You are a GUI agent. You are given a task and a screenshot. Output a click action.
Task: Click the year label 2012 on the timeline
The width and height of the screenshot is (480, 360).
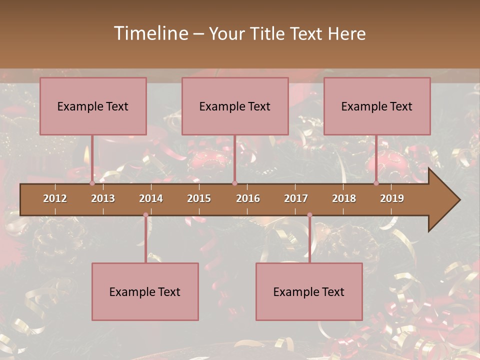pyautogui.click(x=55, y=198)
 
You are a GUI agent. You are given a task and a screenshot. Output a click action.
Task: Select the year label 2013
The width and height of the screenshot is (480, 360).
pyautogui.click(x=103, y=198)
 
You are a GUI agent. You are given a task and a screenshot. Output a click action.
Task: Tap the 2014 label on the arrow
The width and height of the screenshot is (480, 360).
pyautogui.click(x=151, y=198)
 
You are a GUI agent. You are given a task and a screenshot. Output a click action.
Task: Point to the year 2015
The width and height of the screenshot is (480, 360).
pyautogui.click(x=199, y=198)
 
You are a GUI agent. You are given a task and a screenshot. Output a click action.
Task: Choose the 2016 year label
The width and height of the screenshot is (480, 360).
pyautogui.click(x=248, y=198)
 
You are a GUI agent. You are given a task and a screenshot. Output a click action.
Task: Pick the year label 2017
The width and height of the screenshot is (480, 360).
pyautogui.click(x=296, y=198)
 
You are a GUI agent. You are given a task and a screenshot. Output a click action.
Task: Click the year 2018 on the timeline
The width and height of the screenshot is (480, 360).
pyautogui.click(x=344, y=198)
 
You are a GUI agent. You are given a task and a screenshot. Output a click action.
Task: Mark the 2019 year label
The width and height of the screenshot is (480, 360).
pyautogui.click(x=392, y=198)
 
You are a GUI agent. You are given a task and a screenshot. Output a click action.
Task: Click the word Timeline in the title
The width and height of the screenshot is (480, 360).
pyautogui.click(x=150, y=33)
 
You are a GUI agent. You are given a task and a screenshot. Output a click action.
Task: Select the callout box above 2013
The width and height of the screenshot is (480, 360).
pyautogui.click(x=93, y=106)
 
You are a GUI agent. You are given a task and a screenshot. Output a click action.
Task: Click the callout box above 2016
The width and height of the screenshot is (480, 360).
pyautogui.click(x=235, y=106)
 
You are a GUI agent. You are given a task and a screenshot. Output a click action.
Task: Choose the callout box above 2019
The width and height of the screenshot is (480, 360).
pyautogui.click(x=377, y=106)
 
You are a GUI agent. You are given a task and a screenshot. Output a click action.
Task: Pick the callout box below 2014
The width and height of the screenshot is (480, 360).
pyautogui.click(x=145, y=291)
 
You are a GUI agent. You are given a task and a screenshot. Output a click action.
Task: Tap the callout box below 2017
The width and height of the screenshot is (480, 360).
pyautogui.click(x=309, y=291)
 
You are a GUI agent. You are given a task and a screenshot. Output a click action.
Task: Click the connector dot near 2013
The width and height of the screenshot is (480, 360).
pyautogui.click(x=92, y=183)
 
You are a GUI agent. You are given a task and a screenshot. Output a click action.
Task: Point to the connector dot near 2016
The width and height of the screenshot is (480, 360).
pyautogui.click(x=234, y=183)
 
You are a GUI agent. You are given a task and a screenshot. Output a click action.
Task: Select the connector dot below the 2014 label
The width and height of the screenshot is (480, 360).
pyautogui.click(x=145, y=215)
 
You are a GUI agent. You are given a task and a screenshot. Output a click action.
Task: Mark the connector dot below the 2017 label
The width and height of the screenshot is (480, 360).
pyautogui.click(x=309, y=215)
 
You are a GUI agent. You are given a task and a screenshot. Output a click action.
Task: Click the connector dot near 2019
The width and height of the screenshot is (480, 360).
pyautogui.click(x=376, y=183)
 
